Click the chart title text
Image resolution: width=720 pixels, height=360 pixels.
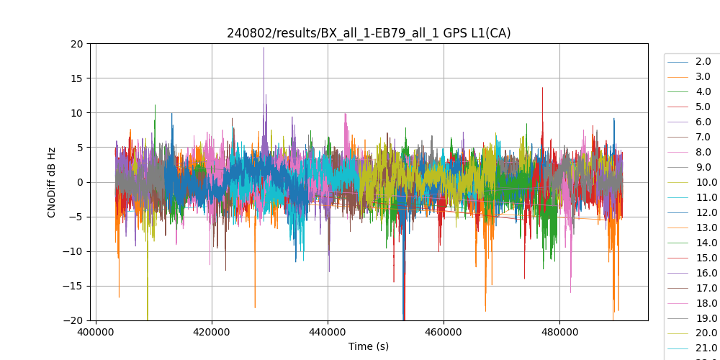[x=369, y=33]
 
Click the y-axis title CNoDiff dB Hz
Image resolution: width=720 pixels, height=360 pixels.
[x=52, y=182]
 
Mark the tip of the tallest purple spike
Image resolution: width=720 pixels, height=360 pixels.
[x=264, y=48]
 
